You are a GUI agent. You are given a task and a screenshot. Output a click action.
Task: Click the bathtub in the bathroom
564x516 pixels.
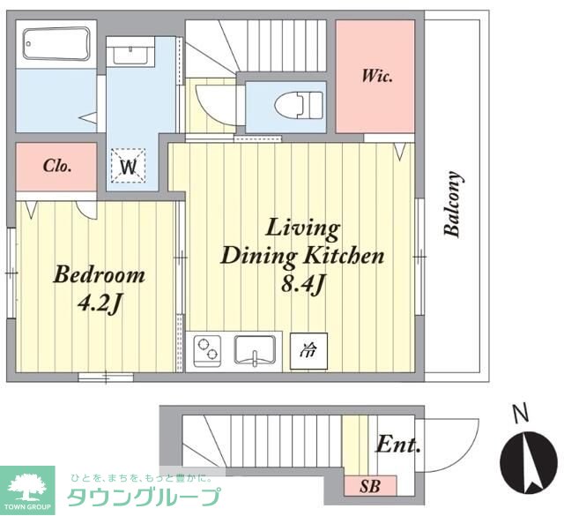[56, 43]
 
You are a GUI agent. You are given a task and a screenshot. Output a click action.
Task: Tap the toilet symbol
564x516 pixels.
[299, 105]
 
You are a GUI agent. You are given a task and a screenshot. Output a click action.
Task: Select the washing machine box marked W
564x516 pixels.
[128, 166]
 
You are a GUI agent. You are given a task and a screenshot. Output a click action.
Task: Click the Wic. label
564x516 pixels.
[376, 77]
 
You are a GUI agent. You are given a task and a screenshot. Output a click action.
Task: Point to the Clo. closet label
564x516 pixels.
[57, 166]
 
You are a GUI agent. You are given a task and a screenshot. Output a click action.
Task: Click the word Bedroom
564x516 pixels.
[100, 274]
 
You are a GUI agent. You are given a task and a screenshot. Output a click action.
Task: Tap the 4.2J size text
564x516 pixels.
[100, 303]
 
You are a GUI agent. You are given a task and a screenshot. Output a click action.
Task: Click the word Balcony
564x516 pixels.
[452, 204]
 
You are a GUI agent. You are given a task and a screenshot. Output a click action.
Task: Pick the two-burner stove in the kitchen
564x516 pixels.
[207, 351]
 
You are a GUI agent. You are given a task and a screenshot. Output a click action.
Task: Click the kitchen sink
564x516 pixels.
[255, 350]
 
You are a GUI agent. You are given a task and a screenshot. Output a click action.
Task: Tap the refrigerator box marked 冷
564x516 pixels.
[308, 351]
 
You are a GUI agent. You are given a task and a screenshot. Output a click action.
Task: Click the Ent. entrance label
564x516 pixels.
[397, 445]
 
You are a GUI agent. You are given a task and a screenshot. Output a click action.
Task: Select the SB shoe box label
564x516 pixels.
[370, 487]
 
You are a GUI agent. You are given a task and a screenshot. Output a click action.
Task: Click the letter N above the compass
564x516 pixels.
[520, 414]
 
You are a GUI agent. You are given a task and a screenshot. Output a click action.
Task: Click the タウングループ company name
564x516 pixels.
[144, 497]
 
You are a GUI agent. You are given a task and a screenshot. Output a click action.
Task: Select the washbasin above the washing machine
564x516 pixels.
[130, 55]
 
